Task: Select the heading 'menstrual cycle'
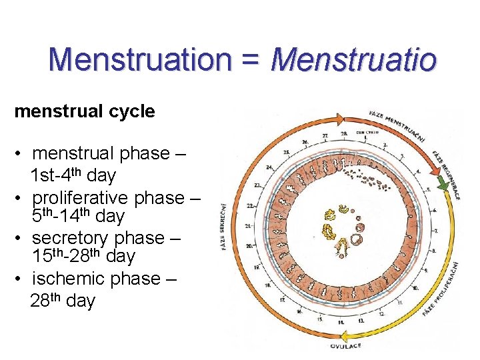[x=85, y=111]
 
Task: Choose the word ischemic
[x=72, y=278]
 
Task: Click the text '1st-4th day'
[x=73, y=176]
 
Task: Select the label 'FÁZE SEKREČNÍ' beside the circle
[x=224, y=227]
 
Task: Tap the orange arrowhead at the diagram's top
[x=339, y=119]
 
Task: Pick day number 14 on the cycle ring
[x=341, y=323]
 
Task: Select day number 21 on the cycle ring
[x=249, y=227]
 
